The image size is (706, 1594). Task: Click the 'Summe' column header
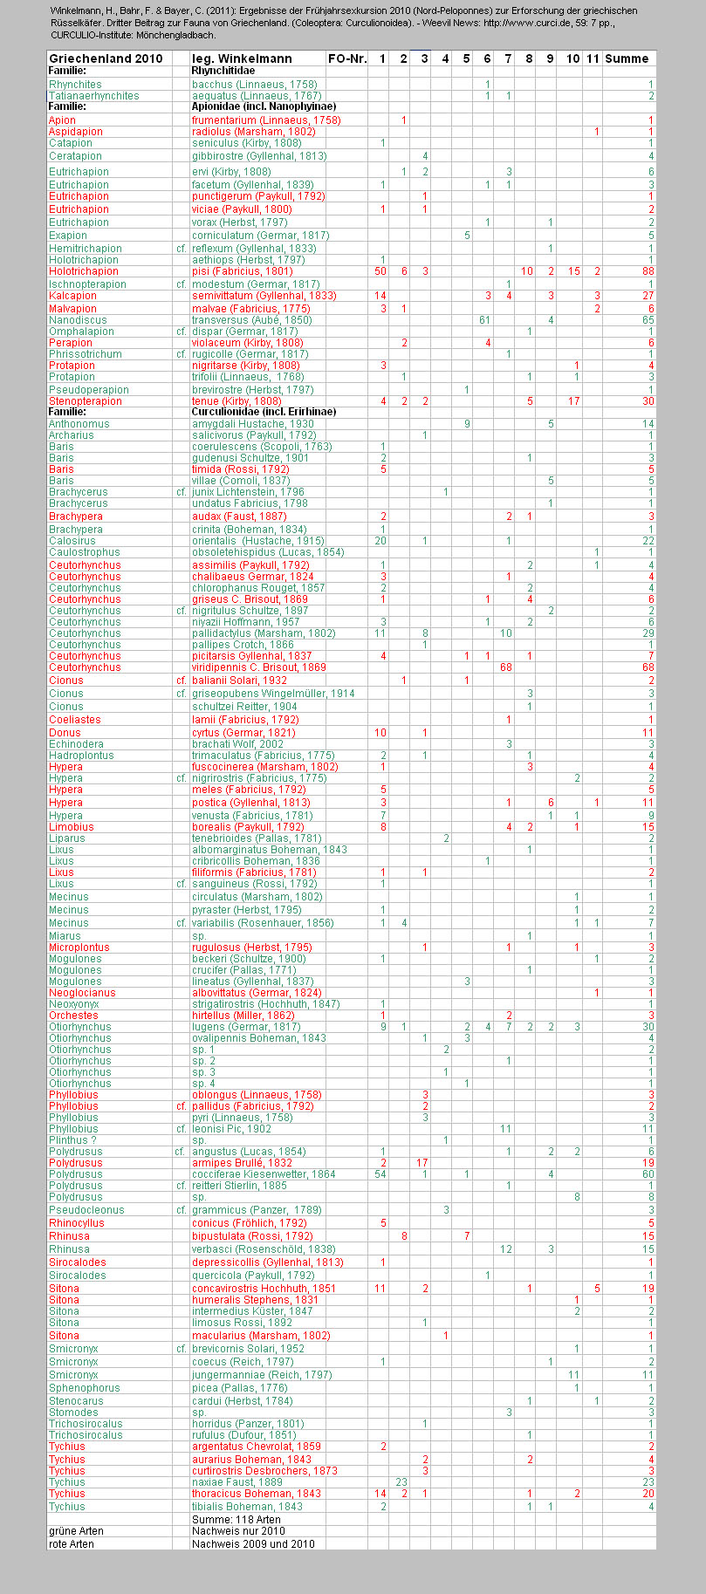pos(627,58)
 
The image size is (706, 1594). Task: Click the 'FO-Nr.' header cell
pos(346,58)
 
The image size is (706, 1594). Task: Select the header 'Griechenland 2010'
pos(106,58)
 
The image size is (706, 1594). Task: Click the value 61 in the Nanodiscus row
pos(484,320)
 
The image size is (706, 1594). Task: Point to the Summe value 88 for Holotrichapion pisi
pos(648,271)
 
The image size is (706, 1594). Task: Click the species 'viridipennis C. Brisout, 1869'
pos(258,667)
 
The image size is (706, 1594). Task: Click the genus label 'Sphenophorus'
pos(84,1387)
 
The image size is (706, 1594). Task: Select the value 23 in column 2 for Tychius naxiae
pos(402,1482)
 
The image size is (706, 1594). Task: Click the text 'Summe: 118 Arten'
pos(236,1519)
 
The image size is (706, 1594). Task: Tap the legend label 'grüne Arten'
pos(76,1531)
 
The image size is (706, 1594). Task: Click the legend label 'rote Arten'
pos(72,1543)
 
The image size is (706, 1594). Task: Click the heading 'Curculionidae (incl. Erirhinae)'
pos(264,411)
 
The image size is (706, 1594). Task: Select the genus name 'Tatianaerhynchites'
pos(93,95)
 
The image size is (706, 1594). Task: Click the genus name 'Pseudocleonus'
pos(86,1210)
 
